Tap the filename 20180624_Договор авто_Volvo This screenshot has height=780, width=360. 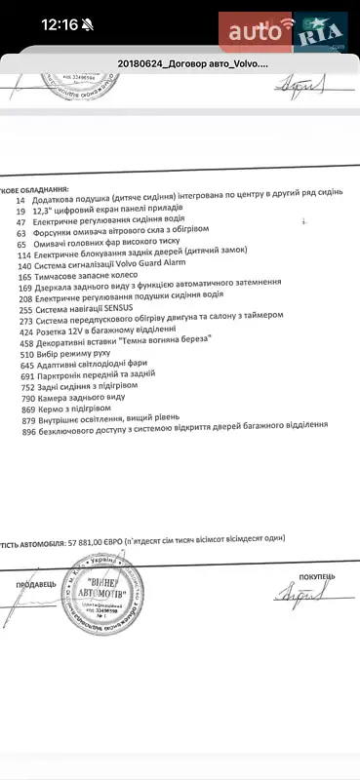(192, 64)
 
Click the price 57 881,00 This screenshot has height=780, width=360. (96, 534)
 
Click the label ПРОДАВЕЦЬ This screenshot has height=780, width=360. (35, 585)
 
